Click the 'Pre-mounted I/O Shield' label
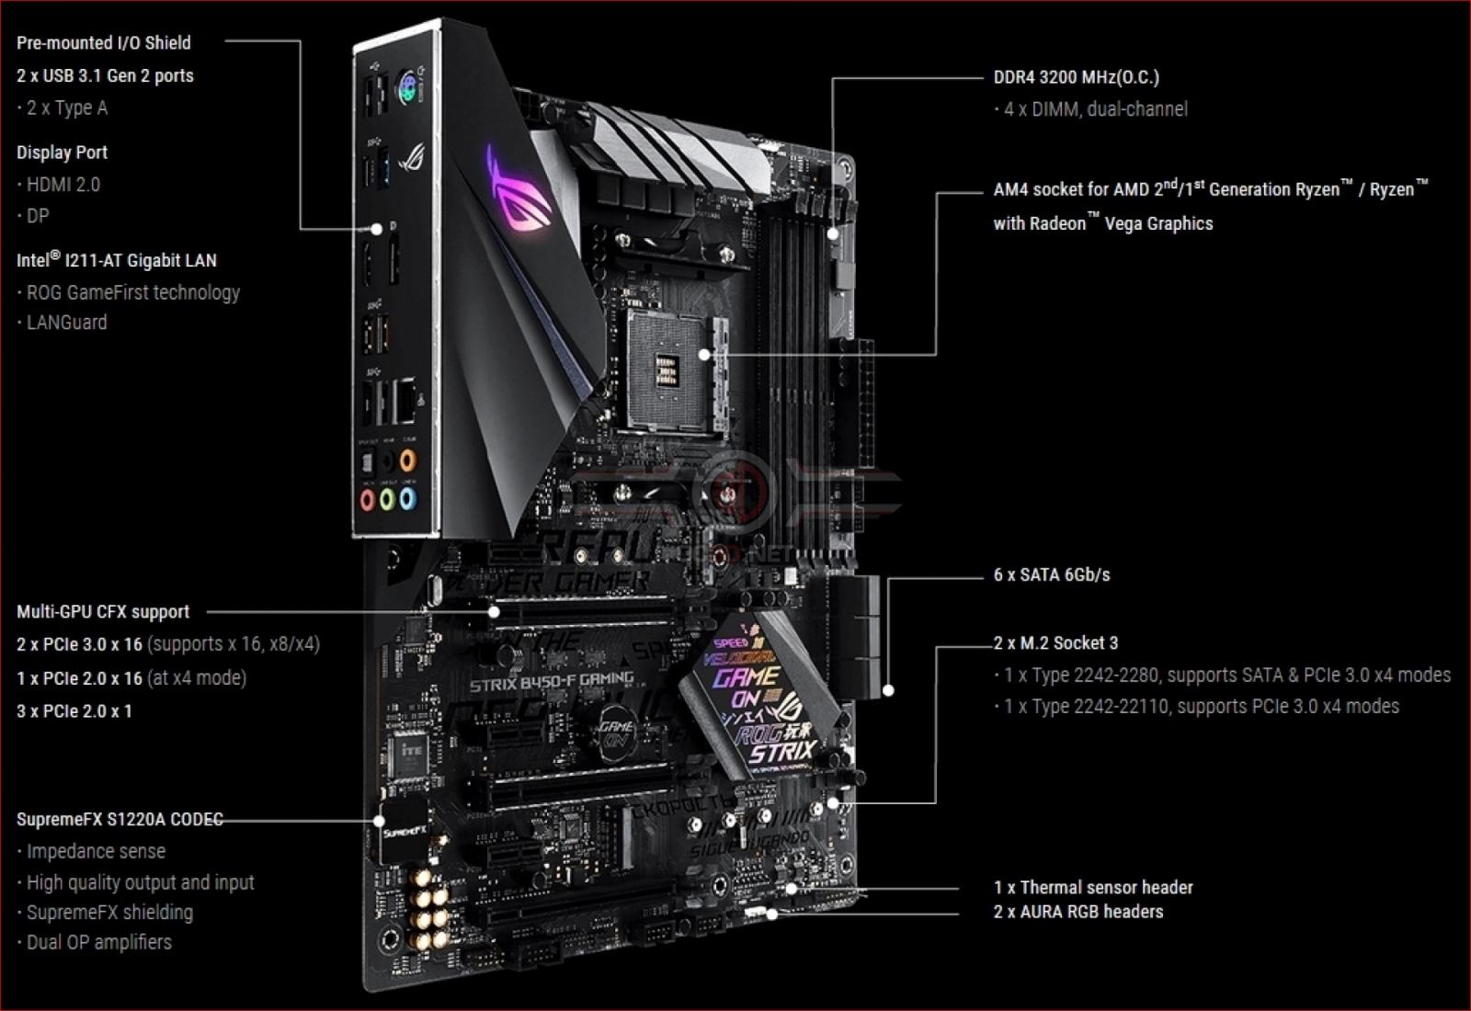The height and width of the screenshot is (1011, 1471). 103,43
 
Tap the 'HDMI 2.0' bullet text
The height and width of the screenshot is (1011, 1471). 63,185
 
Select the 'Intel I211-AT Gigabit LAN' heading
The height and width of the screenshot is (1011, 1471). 117,261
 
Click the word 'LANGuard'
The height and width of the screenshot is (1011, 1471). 66,323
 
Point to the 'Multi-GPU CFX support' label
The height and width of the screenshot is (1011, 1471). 103,612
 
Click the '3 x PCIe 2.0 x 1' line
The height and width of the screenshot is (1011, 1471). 74,711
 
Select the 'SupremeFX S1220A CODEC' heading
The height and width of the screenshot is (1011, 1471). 120,820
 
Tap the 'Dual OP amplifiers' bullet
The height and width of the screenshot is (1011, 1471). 98,943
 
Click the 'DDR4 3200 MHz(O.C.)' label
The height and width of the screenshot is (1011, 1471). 1076,78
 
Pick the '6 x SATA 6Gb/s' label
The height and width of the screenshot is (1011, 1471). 1052,575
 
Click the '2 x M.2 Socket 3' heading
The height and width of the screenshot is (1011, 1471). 1055,643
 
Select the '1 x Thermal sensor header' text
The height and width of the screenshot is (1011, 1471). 1093,888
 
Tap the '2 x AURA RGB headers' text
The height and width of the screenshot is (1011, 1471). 1078,913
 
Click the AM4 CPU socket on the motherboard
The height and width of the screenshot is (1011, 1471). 667,369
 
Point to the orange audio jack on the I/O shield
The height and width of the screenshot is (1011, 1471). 407,460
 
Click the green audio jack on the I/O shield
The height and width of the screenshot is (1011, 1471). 387,500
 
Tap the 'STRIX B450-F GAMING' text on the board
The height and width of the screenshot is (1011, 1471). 552,681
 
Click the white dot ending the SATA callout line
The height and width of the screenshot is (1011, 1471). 888,689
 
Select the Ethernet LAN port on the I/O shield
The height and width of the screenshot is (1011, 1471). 405,400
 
